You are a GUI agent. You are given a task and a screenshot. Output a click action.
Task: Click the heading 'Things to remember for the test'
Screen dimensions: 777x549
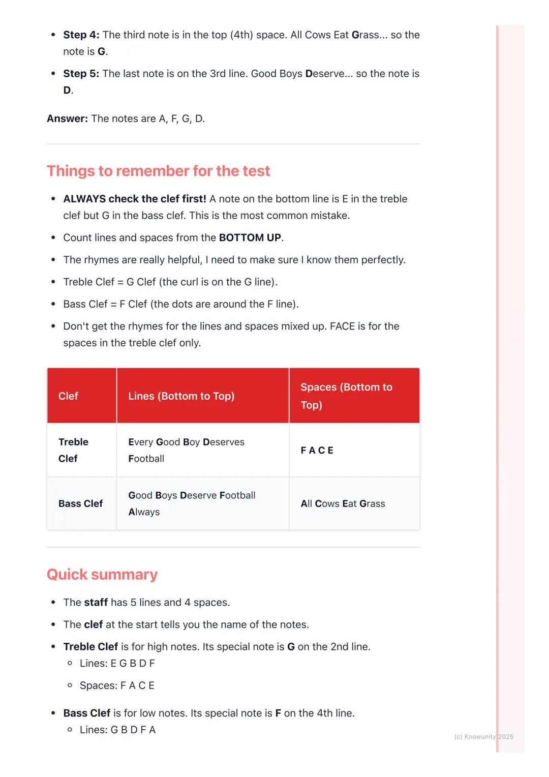[x=158, y=171]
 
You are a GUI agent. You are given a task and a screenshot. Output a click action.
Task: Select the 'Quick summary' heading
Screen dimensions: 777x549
[x=102, y=574]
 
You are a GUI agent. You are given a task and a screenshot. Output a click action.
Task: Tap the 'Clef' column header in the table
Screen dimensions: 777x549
[x=68, y=396]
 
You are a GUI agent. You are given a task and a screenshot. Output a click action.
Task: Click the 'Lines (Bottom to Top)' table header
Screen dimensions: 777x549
[x=181, y=396]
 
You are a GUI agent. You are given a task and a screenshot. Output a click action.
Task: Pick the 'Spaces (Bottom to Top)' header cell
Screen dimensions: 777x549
[x=346, y=396]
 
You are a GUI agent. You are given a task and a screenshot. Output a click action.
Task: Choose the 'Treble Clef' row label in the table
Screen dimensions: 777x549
[x=73, y=450]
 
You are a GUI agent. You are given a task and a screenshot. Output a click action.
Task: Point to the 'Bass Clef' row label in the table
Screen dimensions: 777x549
[x=80, y=503]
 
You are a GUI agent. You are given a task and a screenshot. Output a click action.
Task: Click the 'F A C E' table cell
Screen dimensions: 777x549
[x=317, y=450]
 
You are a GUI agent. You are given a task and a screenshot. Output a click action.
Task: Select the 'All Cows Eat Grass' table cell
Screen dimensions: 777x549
[x=343, y=503]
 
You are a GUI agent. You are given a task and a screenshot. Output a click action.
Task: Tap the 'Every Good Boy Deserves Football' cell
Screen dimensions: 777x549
[x=186, y=450]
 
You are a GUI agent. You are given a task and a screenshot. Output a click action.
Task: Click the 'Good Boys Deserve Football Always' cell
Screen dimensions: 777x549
[x=192, y=503]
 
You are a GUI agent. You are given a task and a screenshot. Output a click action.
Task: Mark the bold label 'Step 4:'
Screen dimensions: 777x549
[x=81, y=35]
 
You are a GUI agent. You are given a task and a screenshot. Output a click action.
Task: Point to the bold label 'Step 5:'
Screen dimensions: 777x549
[x=81, y=73]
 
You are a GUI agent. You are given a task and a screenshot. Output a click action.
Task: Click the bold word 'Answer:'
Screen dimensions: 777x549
[x=67, y=118]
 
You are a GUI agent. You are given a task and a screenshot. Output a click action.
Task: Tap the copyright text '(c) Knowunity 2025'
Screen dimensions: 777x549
[x=483, y=736]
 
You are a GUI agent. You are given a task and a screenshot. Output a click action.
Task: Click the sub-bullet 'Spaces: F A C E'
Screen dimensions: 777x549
[x=117, y=685]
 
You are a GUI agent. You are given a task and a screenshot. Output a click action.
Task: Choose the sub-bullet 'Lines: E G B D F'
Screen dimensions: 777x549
[x=117, y=663]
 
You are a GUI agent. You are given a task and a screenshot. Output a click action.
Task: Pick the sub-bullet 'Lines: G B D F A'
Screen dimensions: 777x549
[x=117, y=730]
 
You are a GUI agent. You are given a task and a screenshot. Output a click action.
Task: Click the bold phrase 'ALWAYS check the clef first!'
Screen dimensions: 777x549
[x=135, y=199]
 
